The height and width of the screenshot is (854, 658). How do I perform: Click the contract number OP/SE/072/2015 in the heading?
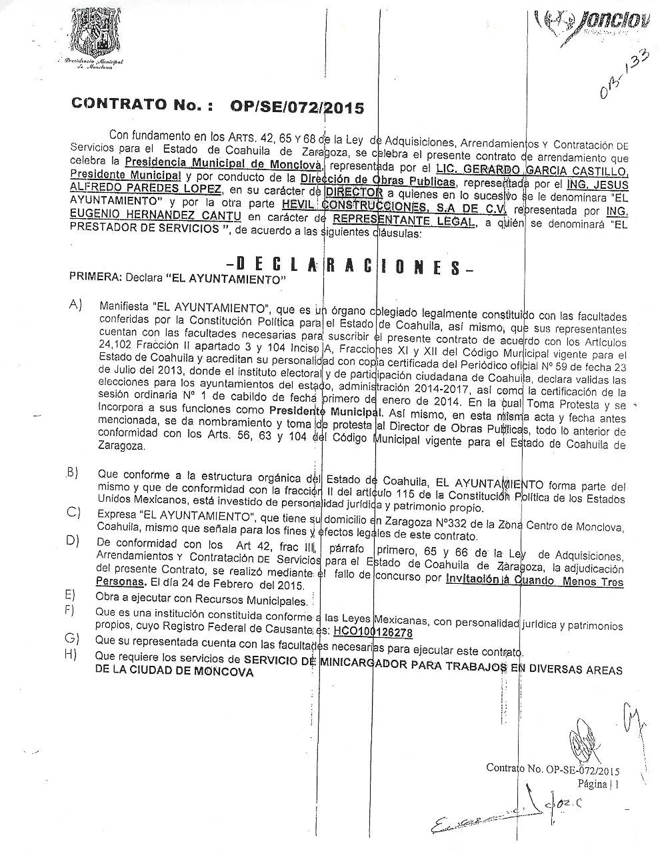point(297,106)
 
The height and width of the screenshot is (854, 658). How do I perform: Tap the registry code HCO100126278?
point(373,631)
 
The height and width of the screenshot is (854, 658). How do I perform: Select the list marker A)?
point(75,304)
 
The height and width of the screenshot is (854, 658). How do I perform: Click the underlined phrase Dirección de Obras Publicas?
point(377,181)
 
